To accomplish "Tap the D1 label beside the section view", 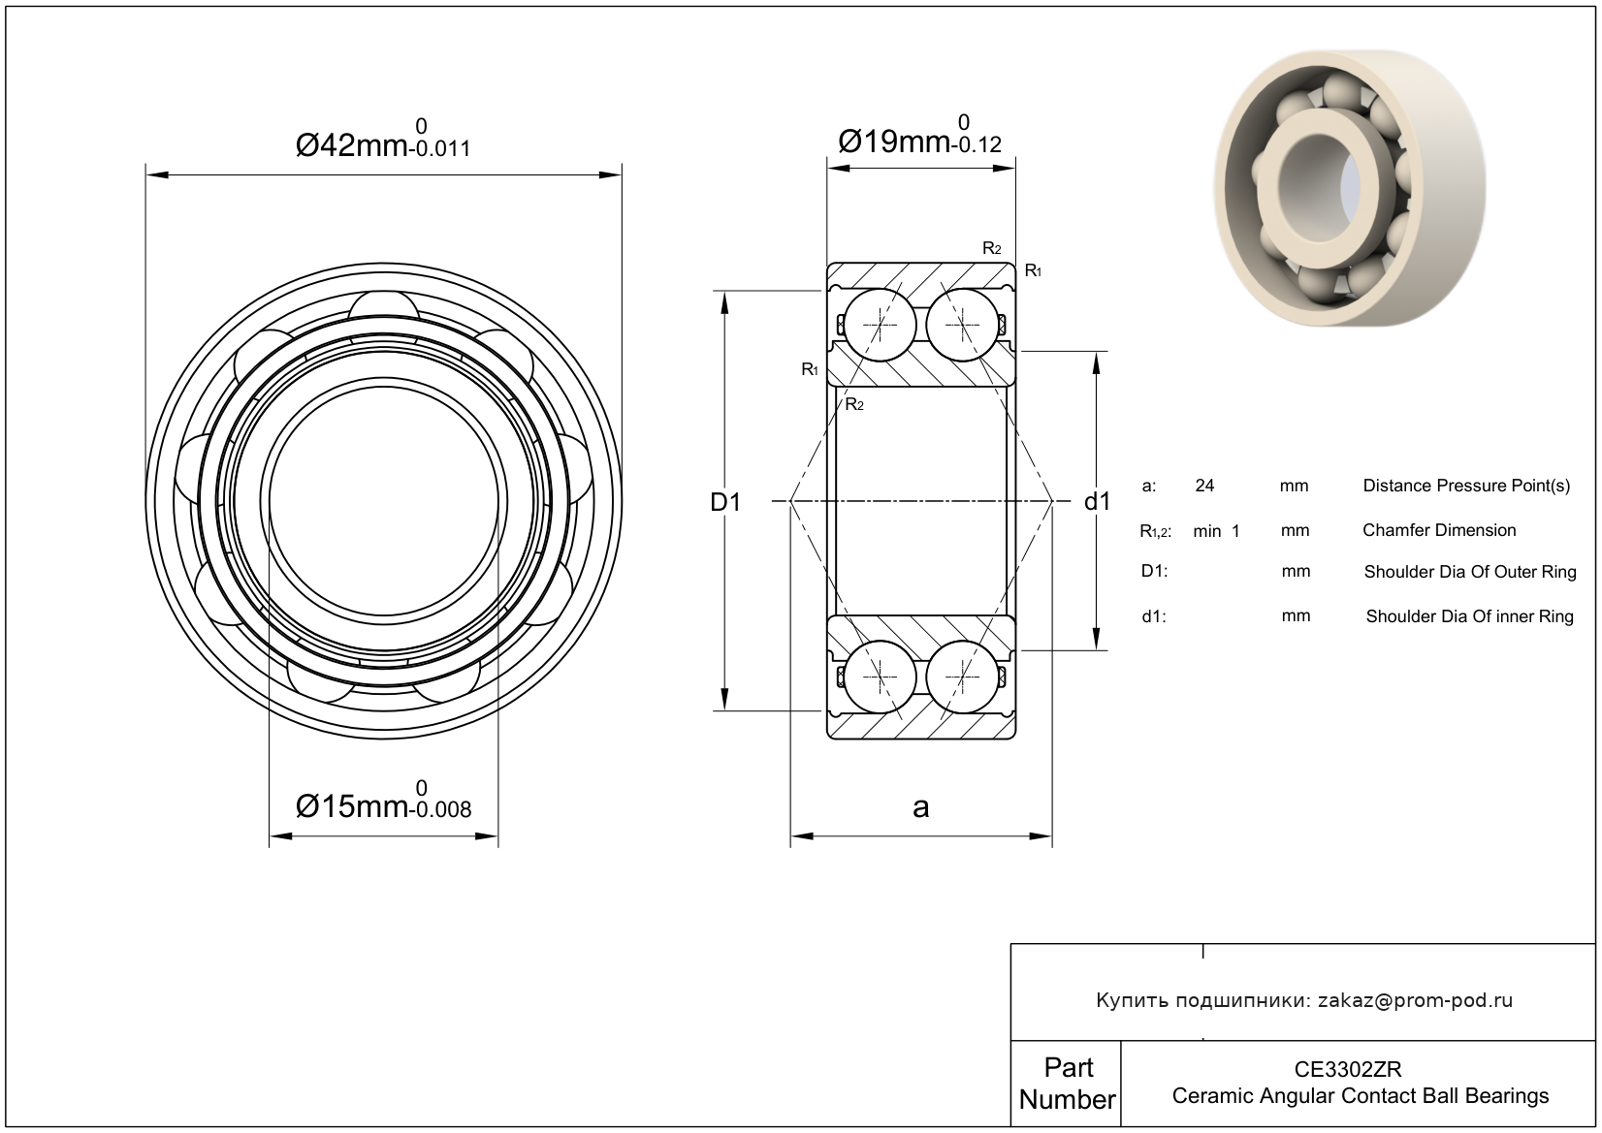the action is (725, 502).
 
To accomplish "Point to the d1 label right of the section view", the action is (1097, 502).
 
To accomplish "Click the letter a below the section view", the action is (920, 807).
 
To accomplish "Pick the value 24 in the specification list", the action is (1204, 487).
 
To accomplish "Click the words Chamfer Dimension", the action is (1439, 530).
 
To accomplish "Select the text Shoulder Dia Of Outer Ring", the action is (1470, 572).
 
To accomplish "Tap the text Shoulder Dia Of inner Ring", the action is (1470, 616).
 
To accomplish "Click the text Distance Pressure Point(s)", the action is (1466, 487).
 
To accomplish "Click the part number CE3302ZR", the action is (1348, 1069).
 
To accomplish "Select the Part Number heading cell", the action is (1067, 1084).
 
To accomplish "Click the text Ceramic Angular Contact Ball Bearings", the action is (1361, 1096).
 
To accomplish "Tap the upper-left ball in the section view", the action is (880, 326).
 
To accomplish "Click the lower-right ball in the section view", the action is (962, 677).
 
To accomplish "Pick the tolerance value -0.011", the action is (439, 148).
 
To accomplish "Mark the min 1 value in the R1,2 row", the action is (1216, 531).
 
